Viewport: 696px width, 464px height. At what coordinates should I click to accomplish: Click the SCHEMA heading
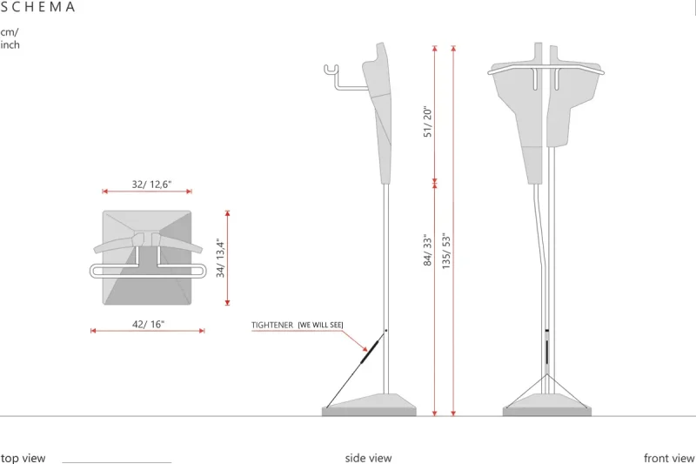[37, 7]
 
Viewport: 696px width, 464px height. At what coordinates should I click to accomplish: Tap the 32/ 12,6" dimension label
[151, 185]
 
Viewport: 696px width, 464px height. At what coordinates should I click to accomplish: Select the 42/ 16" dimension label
[148, 324]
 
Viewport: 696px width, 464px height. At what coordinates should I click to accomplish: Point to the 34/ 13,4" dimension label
[221, 258]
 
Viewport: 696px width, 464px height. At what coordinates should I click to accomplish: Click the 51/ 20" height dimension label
[427, 122]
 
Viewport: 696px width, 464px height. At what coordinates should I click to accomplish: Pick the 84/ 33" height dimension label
[427, 250]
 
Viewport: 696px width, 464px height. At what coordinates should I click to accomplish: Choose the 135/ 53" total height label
[446, 251]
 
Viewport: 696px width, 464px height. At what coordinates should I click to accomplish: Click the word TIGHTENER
[272, 325]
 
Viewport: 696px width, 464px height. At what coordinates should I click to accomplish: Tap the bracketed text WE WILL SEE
[320, 325]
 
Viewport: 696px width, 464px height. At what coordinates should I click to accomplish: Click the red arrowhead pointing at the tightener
[365, 349]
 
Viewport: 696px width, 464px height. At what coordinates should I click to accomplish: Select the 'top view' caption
[23, 458]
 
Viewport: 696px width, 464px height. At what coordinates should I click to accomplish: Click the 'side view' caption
[368, 458]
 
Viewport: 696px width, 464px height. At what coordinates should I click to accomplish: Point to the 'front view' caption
[669, 458]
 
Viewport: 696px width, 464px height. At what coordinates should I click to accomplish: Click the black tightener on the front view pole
[547, 352]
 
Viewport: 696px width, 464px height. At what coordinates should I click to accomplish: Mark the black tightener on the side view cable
[370, 351]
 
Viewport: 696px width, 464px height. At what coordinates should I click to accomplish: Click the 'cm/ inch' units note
[10, 38]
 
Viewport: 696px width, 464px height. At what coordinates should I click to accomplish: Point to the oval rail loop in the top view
[148, 271]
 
